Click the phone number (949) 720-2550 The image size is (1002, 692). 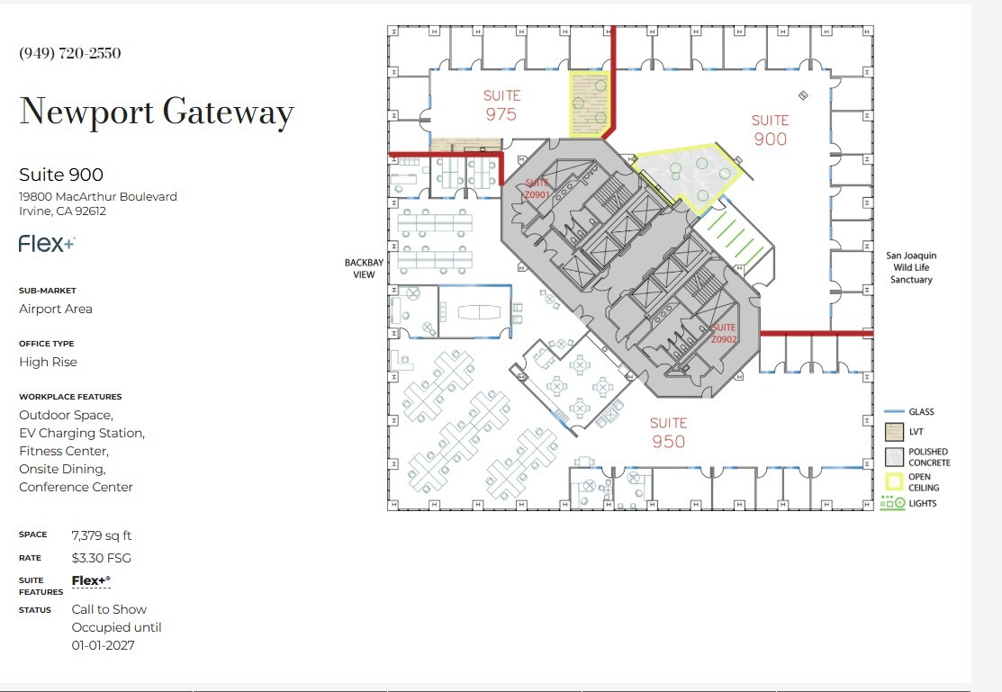pyautogui.click(x=70, y=53)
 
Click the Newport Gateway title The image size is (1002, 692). pyautogui.click(x=157, y=112)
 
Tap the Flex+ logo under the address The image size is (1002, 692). pyautogui.click(x=47, y=243)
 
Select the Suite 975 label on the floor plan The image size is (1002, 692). pyautogui.click(x=501, y=104)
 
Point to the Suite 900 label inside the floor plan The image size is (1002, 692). pyautogui.click(x=770, y=130)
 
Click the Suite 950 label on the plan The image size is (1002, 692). pyautogui.click(x=668, y=432)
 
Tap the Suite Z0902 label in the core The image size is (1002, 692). pyautogui.click(x=724, y=334)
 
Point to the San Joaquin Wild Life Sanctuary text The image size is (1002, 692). pyautogui.click(x=911, y=267)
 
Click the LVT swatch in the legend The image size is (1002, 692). pyautogui.click(x=893, y=431)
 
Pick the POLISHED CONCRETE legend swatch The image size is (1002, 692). pyautogui.click(x=893, y=457)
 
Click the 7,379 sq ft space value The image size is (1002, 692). pyautogui.click(x=102, y=535)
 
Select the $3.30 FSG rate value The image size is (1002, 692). pyautogui.click(x=102, y=558)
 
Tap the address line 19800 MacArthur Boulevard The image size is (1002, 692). pyautogui.click(x=98, y=196)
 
